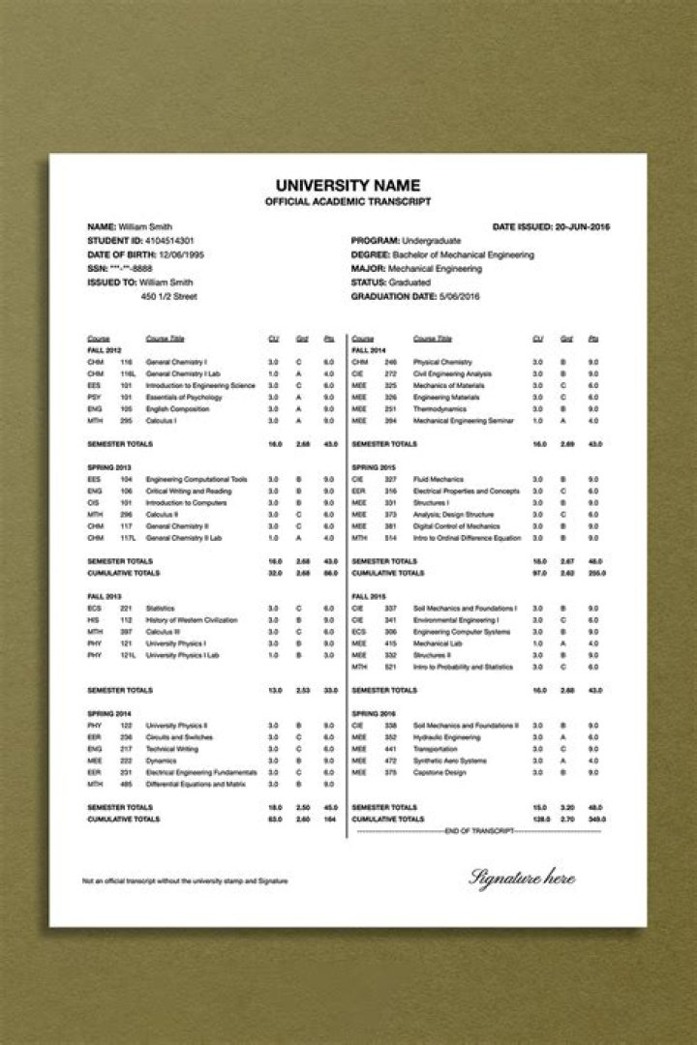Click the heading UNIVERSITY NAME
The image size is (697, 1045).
[348, 184]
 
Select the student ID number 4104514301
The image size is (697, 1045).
[168, 239]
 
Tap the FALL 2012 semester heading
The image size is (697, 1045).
[105, 349]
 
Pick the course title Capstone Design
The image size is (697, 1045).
[438, 772]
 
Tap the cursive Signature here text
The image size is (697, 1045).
[522, 878]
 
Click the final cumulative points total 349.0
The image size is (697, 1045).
[596, 819]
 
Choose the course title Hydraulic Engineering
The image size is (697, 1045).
[446, 737]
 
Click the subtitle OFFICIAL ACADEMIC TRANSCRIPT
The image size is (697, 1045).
[348, 201]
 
